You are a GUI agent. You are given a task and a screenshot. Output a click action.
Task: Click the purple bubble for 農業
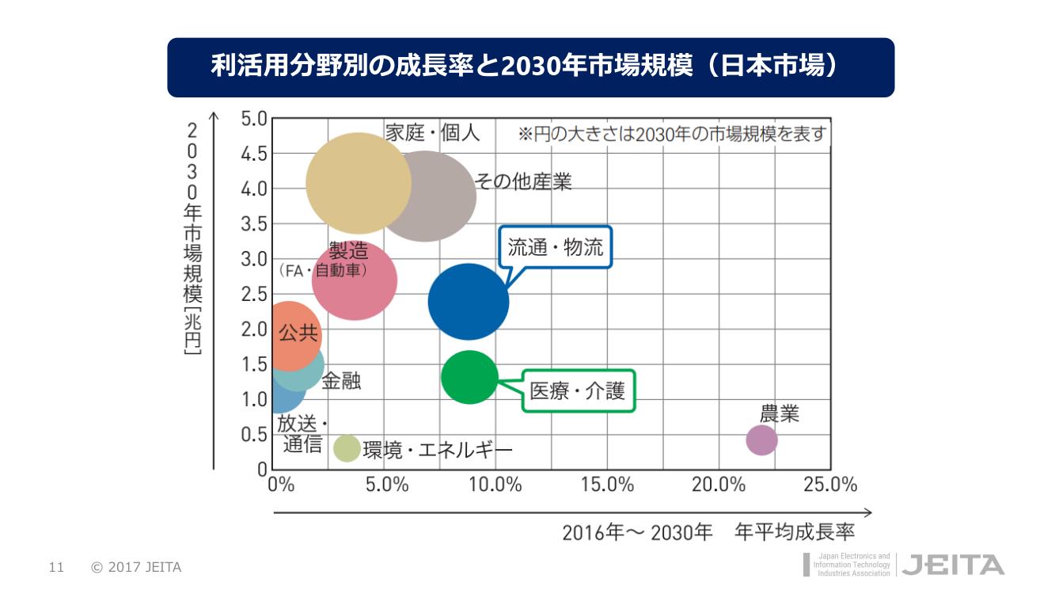point(761,440)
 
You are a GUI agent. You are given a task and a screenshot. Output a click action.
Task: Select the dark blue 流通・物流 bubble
point(469,301)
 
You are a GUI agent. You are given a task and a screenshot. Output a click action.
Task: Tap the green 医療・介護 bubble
point(469,377)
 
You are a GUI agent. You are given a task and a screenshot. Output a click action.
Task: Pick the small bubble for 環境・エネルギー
point(347,447)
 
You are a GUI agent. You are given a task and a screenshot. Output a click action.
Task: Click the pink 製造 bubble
point(355,280)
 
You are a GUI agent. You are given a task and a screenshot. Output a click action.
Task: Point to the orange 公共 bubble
point(288,336)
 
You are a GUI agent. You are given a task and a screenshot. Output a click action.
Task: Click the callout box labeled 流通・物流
point(555,247)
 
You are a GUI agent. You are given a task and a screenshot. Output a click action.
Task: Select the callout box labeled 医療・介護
point(578,390)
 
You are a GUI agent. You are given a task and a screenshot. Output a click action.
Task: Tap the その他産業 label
point(523,181)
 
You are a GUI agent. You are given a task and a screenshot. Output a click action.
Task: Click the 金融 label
point(341,380)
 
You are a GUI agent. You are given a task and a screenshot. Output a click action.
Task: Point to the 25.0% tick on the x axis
point(830,484)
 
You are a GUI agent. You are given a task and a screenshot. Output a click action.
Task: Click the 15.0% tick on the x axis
point(608,484)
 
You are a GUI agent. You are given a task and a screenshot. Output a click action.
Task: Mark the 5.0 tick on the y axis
point(254,118)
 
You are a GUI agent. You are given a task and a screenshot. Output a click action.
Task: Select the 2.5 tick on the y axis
point(254,294)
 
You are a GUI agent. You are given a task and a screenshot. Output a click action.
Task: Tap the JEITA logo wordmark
point(953,565)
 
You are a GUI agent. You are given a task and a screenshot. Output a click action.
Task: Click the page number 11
point(55,567)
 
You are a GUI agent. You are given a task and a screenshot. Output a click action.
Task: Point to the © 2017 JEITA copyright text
point(136,567)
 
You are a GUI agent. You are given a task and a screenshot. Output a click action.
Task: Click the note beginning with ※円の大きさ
point(672,134)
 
